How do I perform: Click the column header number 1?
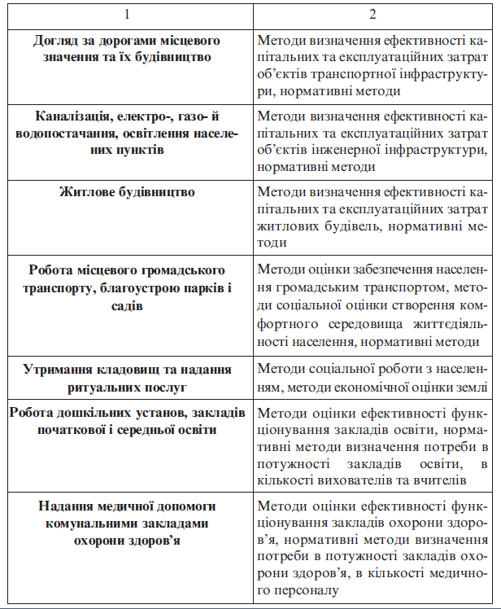[x=126, y=15]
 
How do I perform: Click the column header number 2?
[x=372, y=15]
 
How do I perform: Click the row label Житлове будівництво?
[x=129, y=192]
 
